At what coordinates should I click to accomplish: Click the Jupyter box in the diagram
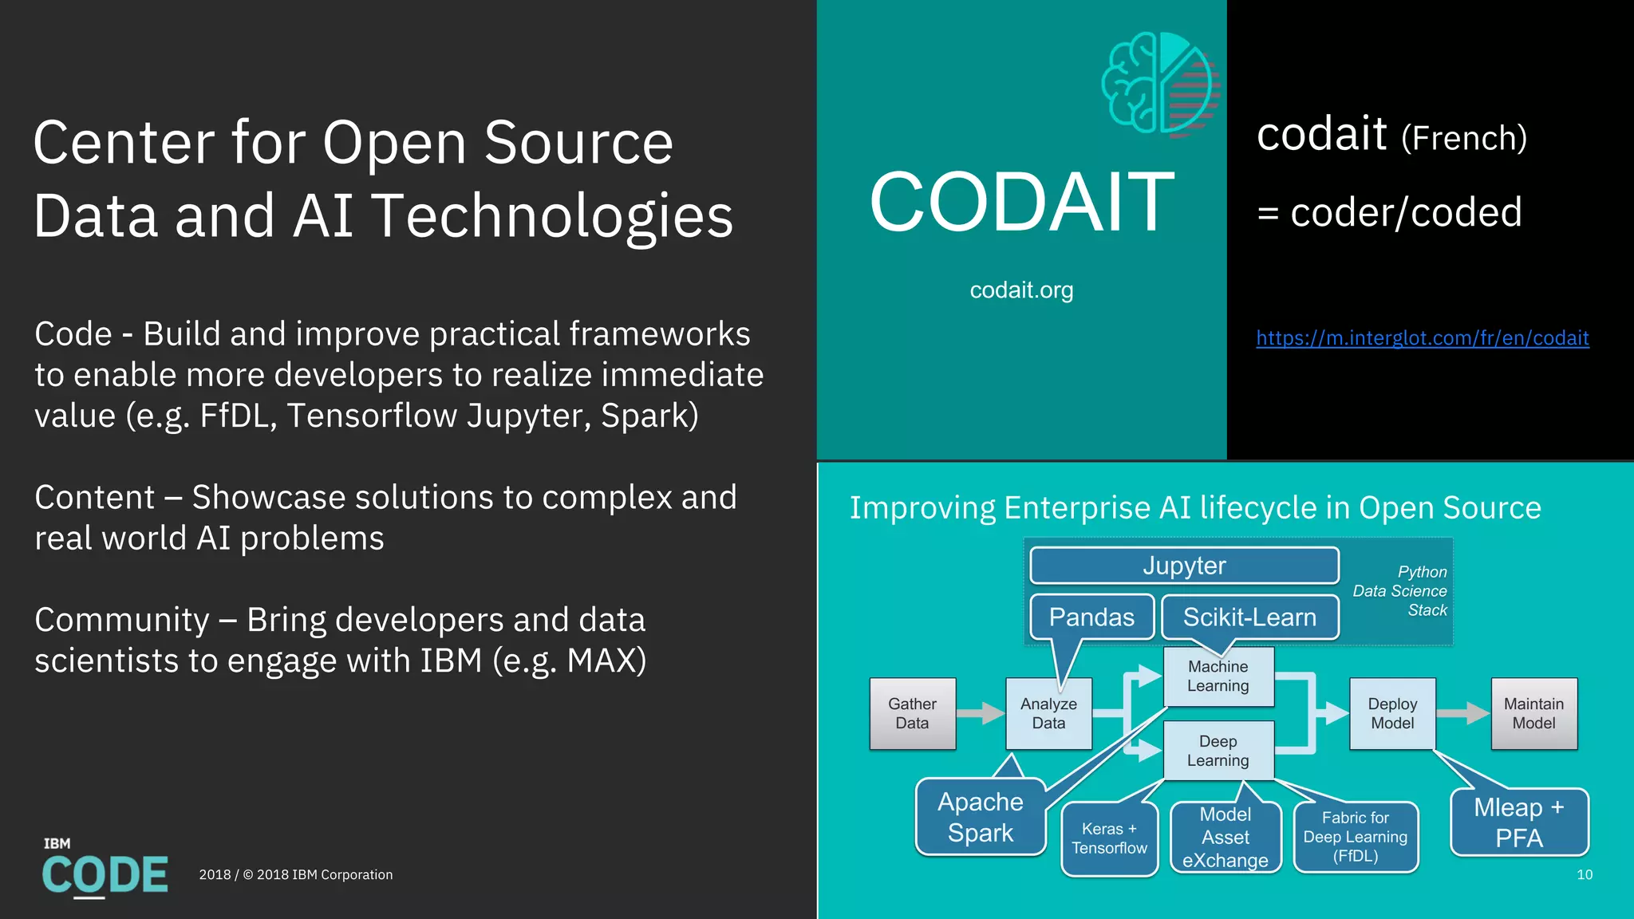click(x=1184, y=566)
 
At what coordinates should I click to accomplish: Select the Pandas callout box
click(x=1091, y=617)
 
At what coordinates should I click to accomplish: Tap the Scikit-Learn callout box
click(x=1249, y=617)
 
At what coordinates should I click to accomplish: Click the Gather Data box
click(x=912, y=713)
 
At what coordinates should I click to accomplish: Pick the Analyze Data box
click(x=1048, y=713)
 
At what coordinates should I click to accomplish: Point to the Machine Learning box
click(x=1218, y=676)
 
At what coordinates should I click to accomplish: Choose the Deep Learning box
click(x=1218, y=751)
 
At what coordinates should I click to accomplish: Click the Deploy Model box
click(x=1392, y=713)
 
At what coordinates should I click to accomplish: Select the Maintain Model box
click(x=1533, y=713)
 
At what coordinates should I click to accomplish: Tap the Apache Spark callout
click(x=981, y=817)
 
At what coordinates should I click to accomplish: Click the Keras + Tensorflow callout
click(x=1109, y=838)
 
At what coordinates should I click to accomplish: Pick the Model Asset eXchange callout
click(x=1225, y=838)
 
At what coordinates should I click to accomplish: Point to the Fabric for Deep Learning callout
click(x=1356, y=837)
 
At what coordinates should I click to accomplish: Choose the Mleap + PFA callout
click(x=1519, y=822)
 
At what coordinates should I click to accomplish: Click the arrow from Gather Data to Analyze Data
click(x=981, y=713)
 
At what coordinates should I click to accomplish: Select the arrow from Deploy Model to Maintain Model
click(x=1462, y=713)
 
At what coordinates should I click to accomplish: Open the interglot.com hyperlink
click(x=1423, y=338)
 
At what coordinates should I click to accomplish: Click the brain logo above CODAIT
click(x=1160, y=84)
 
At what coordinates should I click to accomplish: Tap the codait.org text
click(x=1021, y=290)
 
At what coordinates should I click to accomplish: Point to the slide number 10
click(x=1585, y=875)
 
